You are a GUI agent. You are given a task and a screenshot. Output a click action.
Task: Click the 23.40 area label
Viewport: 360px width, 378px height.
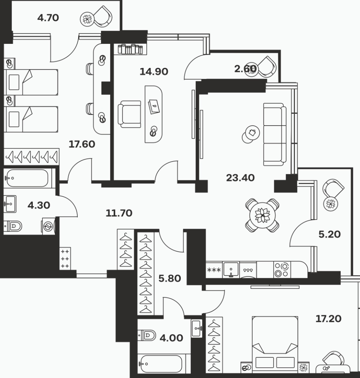(x=240, y=178)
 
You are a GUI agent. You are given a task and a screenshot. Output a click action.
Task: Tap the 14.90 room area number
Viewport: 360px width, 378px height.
(x=154, y=71)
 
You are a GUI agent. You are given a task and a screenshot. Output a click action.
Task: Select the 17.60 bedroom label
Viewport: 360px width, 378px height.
(x=82, y=144)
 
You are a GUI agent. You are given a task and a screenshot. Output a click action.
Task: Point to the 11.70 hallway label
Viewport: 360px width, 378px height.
(x=119, y=213)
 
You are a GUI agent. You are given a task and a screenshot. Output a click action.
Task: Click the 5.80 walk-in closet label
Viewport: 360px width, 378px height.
(x=170, y=278)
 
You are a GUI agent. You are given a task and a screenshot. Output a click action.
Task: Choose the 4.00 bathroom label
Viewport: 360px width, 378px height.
(x=171, y=338)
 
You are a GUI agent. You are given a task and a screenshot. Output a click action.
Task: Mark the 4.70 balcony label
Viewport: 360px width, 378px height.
(x=48, y=18)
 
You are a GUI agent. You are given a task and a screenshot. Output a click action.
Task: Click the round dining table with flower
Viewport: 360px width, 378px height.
(x=262, y=215)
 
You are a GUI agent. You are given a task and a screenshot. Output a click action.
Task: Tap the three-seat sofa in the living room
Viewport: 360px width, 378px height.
(x=275, y=135)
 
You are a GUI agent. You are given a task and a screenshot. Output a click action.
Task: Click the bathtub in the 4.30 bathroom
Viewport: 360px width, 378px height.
(x=28, y=179)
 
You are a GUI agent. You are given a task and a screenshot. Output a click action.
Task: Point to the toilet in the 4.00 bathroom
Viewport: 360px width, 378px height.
(x=147, y=335)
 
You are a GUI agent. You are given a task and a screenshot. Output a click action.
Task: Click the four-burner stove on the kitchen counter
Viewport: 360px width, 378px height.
(x=282, y=270)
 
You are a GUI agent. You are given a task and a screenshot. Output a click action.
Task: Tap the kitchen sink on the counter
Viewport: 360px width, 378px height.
(x=231, y=269)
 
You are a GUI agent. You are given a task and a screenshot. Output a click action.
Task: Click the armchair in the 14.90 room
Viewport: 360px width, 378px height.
(x=129, y=114)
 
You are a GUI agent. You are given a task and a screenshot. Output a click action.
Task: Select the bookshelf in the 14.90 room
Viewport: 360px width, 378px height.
(x=130, y=49)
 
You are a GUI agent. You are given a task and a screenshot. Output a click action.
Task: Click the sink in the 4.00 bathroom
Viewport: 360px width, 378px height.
(x=197, y=328)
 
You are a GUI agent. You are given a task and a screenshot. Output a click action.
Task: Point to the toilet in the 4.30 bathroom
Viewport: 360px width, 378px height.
(x=13, y=226)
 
